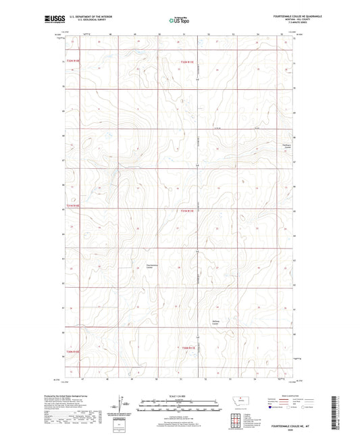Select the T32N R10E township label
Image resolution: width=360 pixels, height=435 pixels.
pos(74,62)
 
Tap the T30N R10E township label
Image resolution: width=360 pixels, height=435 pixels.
pos(74,352)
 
